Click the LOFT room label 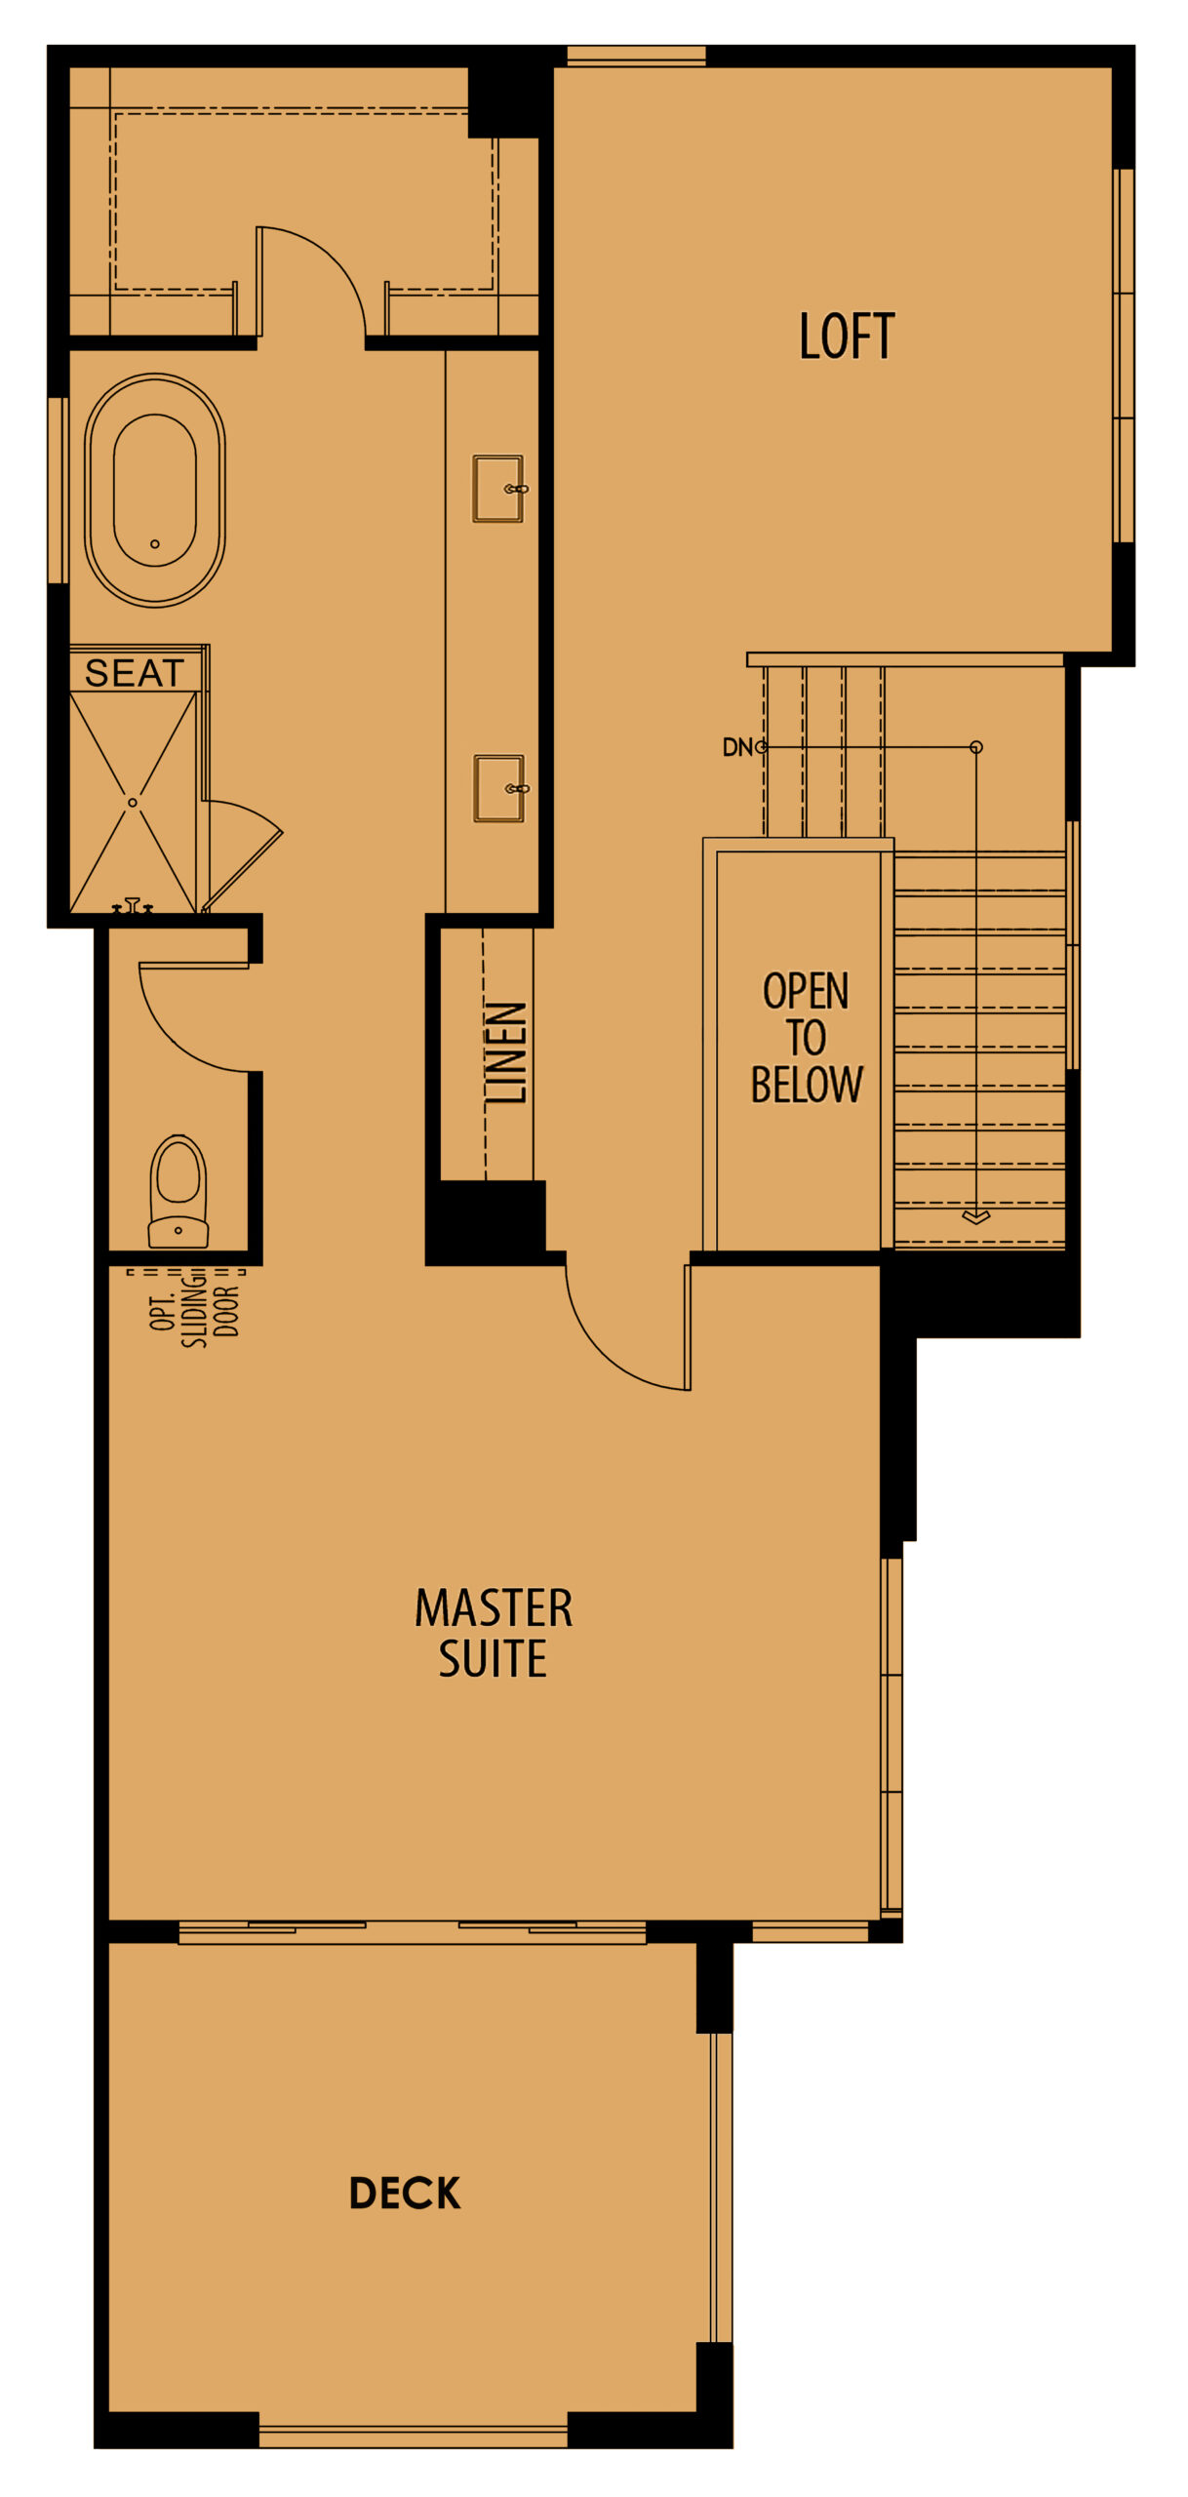[846, 337]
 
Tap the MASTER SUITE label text [494, 1633]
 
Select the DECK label [405, 2193]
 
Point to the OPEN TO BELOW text [806, 1038]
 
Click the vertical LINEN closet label [506, 1052]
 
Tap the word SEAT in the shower [135, 673]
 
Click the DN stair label [737, 747]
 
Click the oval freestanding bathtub [155, 491]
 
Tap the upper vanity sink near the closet [498, 489]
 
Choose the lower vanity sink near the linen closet [499, 788]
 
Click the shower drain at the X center [133, 802]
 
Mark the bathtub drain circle [155, 544]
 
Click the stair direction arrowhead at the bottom [975, 1216]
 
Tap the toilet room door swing [190, 1019]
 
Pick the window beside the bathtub [58, 491]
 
